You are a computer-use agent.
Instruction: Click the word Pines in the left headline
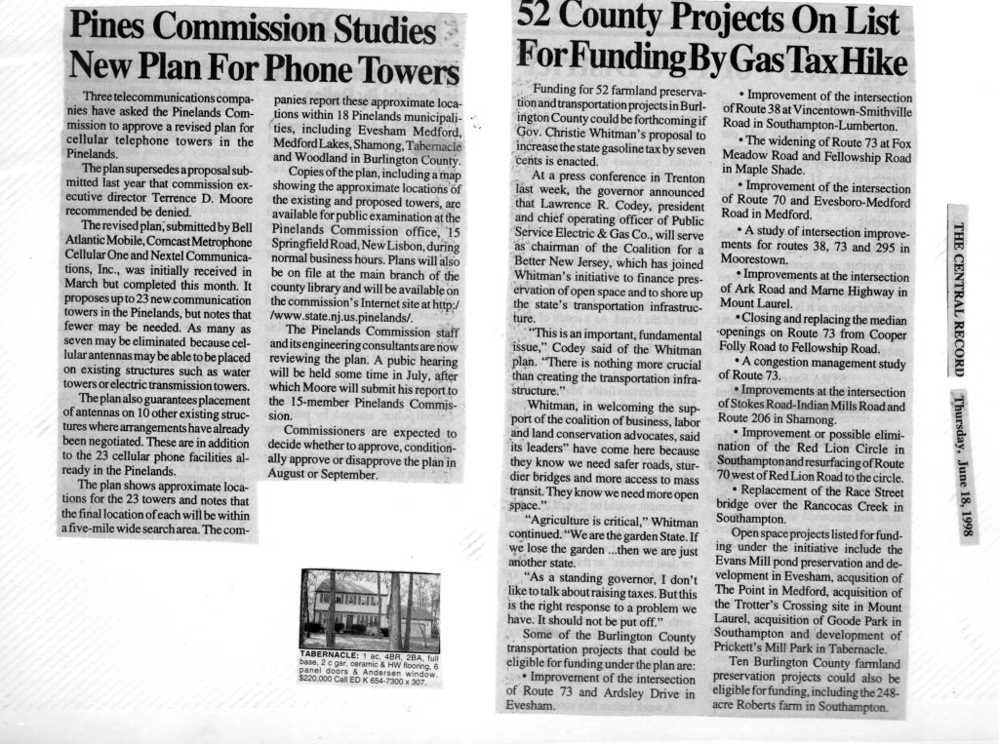click(x=108, y=27)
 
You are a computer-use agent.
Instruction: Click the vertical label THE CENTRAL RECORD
click(x=959, y=296)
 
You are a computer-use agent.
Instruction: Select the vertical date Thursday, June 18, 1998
click(x=959, y=466)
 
